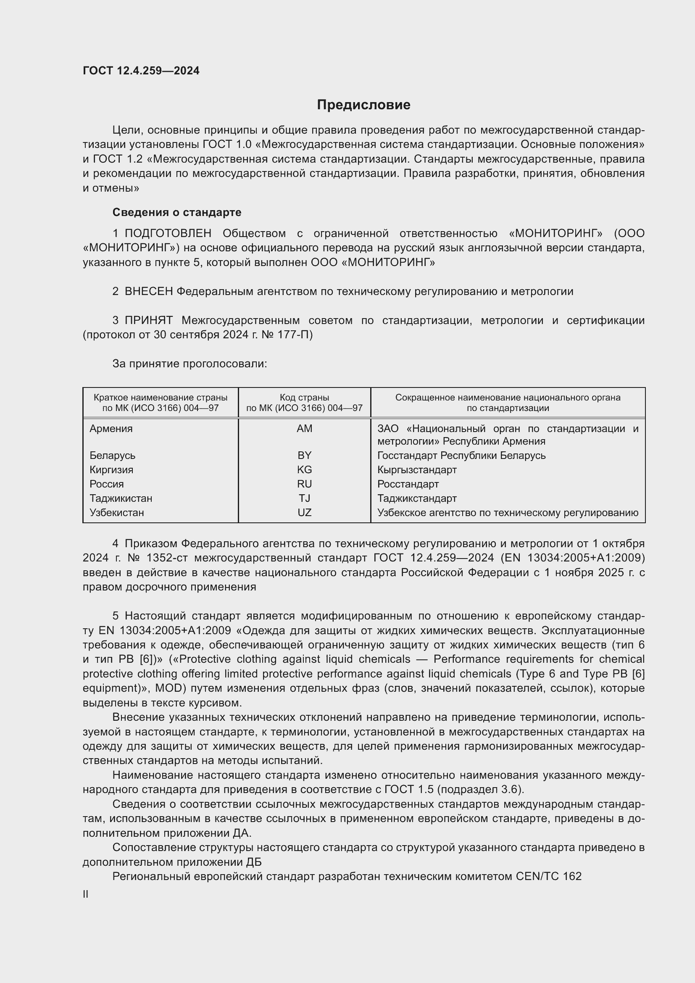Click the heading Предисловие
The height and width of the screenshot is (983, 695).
tap(363, 105)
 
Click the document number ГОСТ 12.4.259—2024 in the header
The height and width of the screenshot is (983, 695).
tap(141, 71)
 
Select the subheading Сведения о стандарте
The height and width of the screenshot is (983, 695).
tap(177, 212)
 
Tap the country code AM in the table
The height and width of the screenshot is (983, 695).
tap(304, 429)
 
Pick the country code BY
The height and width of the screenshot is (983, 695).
tap(304, 455)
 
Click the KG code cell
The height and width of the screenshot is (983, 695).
tap(304, 470)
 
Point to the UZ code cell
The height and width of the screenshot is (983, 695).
tap(304, 512)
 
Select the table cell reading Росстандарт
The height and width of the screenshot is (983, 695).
tap(408, 484)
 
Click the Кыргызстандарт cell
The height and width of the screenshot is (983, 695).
tap(417, 470)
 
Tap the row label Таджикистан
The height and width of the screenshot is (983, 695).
tap(121, 498)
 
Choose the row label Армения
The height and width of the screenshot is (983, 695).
tap(111, 429)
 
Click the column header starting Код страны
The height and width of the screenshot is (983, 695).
tap(304, 403)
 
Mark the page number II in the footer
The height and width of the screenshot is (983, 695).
tap(86, 894)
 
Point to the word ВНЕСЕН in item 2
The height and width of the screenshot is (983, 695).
tap(148, 292)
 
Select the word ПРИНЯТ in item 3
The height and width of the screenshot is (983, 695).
tap(148, 320)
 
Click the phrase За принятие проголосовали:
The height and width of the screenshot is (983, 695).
tap(190, 364)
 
